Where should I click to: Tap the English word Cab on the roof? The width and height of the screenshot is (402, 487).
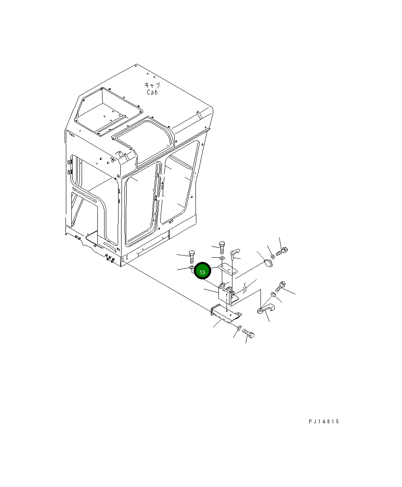coord(152,92)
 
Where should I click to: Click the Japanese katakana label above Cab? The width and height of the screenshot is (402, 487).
coord(152,85)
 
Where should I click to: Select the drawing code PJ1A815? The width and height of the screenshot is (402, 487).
coord(324,422)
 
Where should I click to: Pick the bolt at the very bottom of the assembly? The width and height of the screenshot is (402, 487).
coord(248,333)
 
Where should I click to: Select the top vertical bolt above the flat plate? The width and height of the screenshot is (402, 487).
coord(222,248)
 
